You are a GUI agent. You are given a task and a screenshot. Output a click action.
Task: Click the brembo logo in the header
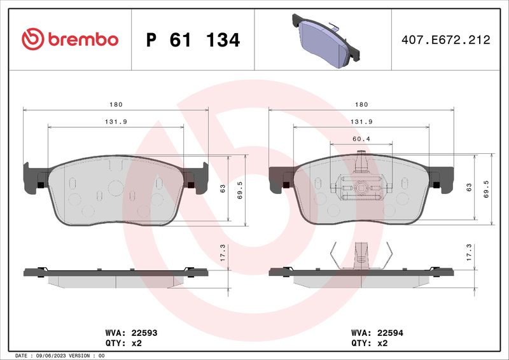70,39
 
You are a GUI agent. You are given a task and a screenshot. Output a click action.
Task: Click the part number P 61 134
193,40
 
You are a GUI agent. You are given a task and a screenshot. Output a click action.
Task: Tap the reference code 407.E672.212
446,40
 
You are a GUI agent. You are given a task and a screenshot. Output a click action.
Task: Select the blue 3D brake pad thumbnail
326,41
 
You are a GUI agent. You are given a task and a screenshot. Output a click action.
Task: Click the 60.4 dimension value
361,139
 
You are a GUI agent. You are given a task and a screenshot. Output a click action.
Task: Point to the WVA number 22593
144,333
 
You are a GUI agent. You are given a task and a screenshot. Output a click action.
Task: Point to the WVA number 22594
390,333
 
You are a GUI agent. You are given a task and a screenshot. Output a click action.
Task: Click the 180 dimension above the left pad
116,104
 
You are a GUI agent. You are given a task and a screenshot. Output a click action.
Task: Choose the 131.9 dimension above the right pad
361,121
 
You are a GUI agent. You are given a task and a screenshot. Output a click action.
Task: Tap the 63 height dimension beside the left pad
223,188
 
